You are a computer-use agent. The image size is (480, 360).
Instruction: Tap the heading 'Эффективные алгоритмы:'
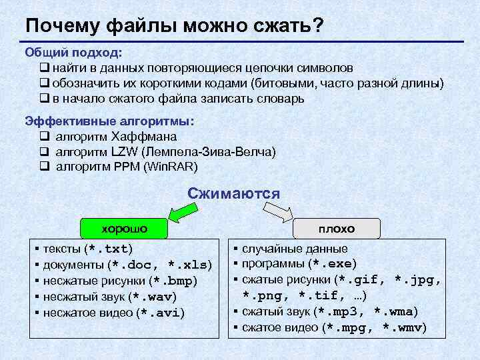(109, 121)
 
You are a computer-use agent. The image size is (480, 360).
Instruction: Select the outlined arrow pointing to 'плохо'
(279, 213)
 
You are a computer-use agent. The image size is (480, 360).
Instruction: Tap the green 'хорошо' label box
(124, 229)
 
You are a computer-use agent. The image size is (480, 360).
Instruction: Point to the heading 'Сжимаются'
(233, 193)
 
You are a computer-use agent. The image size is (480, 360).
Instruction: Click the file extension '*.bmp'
(174, 281)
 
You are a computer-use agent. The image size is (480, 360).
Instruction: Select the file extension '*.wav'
(153, 297)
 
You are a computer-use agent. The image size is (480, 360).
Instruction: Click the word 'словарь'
(280, 99)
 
